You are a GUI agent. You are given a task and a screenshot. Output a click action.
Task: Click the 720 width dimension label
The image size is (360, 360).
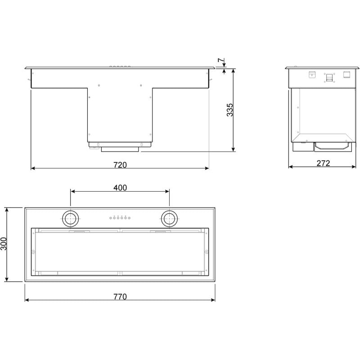[120, 165]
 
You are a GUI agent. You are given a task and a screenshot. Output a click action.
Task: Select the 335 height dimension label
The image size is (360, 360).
[230, 110]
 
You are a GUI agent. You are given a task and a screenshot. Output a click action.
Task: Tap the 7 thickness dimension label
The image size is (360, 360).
[220, 60]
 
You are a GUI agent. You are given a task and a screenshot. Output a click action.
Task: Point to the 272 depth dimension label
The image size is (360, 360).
[323, 163]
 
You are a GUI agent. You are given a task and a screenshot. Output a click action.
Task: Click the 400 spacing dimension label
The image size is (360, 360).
[120, 188]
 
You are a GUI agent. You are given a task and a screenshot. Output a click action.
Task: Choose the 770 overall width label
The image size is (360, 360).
[120, 297]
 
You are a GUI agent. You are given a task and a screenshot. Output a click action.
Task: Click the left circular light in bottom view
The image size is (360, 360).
[70, 219]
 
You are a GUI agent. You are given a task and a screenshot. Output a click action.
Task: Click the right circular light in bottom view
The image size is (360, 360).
[170, 219]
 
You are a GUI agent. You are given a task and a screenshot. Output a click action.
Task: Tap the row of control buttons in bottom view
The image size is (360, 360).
[120, 218]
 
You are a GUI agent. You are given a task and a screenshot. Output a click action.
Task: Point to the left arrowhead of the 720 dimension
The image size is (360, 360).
[32, 169]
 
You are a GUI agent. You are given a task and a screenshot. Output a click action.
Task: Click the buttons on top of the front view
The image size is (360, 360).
[120, 67]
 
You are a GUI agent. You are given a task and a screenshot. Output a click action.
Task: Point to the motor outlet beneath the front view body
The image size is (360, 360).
[120, 147]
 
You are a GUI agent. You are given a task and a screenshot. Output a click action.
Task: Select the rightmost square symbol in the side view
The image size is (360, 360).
[347, 75]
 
